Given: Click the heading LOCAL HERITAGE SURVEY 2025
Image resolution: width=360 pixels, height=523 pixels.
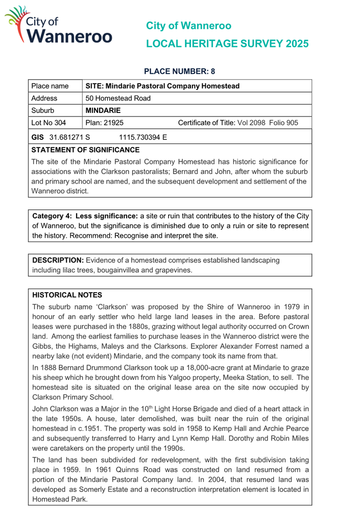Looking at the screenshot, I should pos(227,44).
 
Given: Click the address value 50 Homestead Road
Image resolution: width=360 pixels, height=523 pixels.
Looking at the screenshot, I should pos(117,98).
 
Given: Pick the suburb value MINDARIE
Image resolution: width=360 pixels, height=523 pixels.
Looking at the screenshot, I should pos(103,110).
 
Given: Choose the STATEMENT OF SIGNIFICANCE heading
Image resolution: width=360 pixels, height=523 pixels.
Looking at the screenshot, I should pos(85,150).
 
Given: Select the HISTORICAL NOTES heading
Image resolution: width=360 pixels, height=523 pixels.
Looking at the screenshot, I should pos(67,295).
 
